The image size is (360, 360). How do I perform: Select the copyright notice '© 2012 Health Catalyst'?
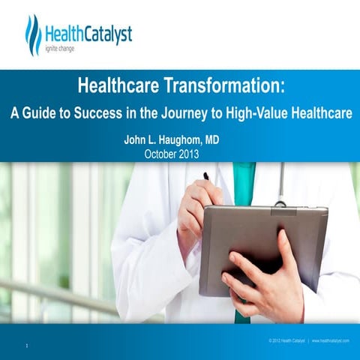(x=284, y=340)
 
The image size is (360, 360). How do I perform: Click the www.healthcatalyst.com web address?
(x=331, y=340)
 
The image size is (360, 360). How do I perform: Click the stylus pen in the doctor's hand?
(x=205, y=176)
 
